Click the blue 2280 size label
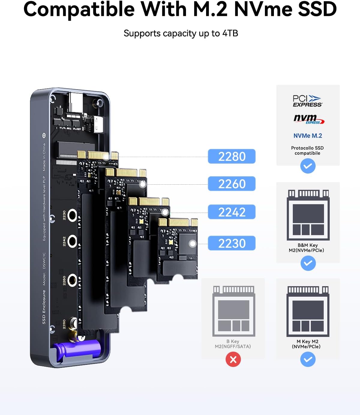pyautogui.click(x=232, y=156)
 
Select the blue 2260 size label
pyautogui.click(x=232, y=183)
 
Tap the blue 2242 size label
pyautogui.click(x=232, y=212)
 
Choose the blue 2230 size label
pyautogui.click(x=232, y=243)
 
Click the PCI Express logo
pyautogui.click(x=307, y=101)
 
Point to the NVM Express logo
pyautogui.click(x=309, y=119)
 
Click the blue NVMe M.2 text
pyautogui.click(x=308, y=135)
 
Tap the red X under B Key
pyautogui.click(x=233, y=359)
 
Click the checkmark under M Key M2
pyautogui.click(x=308, y=359)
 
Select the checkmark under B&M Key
pyautogui.click(x=308, y=263)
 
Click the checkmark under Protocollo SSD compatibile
pyautogui.click(x=308, y=166)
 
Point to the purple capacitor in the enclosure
pyautogui.click(x=76, y=350)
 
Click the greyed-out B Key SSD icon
pyautogui.click(x=234, y=311)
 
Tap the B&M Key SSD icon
pyautogui.click(x=308, y=215)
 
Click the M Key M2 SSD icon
pyautogui.click(x=308, y=311)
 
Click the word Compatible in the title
pyautogui.click(x=79, y=10)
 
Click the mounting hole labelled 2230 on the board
pyautogui.click(x=72, y=215)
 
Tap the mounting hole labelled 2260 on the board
pyautogui.click(x=72, y=280)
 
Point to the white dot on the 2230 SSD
pyautogui.click(x=193, y=244)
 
